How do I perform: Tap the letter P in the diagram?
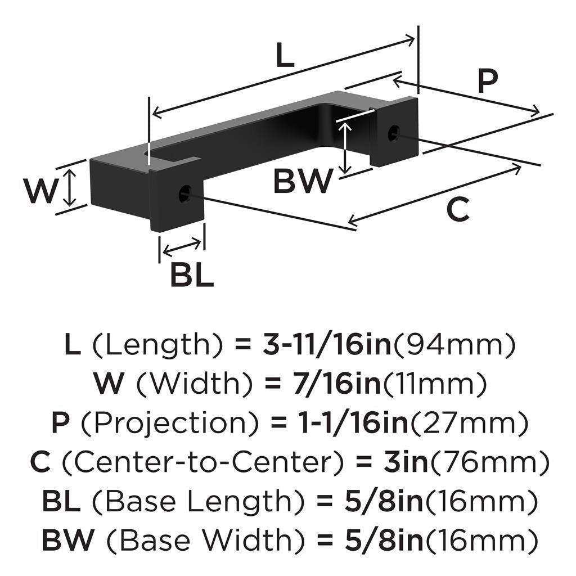tap(487, 82)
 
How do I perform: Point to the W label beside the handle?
tap(40, 191)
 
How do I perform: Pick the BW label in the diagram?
tap(302, 182)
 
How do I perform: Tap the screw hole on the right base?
tap(395, 132)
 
